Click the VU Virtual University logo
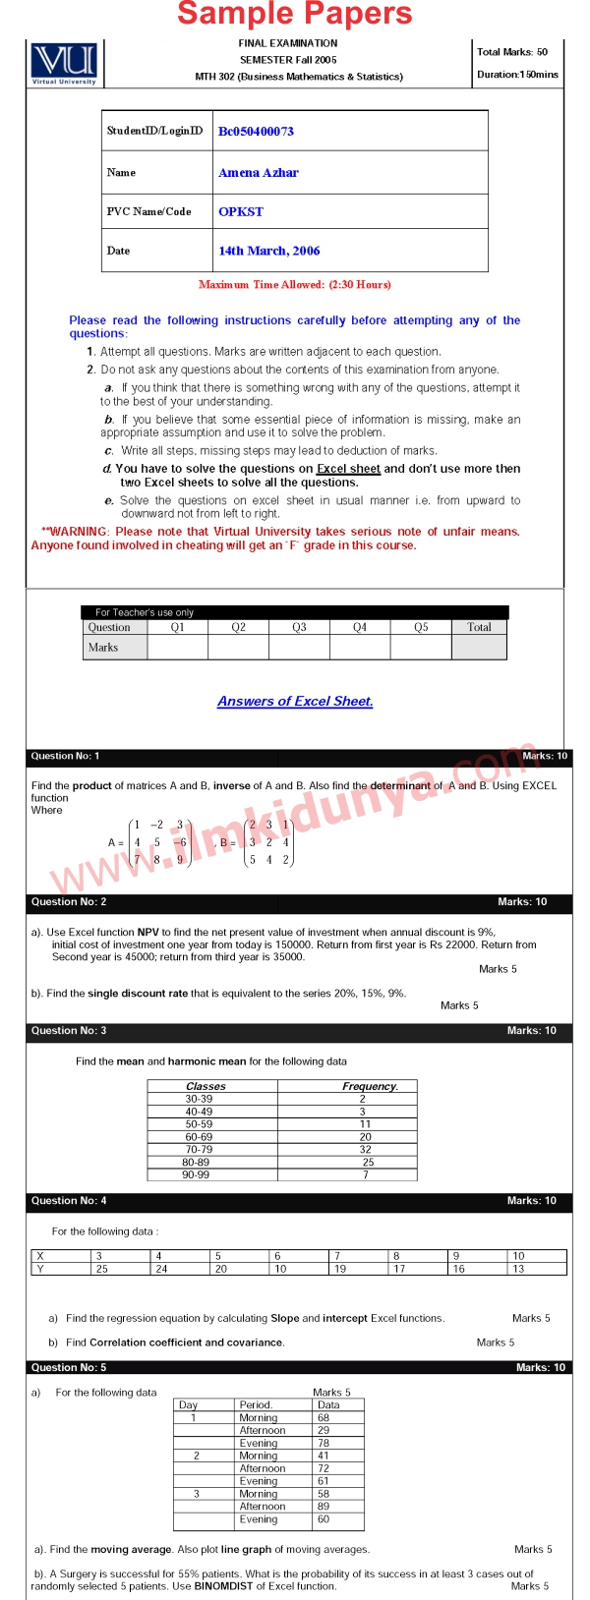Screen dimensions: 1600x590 pos(64,63)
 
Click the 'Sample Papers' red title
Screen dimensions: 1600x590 pos(295,14)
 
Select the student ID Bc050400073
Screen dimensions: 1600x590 pos(256,131)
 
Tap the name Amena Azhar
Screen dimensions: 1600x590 pos(259,172)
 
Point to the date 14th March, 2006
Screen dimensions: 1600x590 pos(268,251)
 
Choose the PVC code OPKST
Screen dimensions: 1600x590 pos(241,211)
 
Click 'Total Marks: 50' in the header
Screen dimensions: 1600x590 pos(512,52)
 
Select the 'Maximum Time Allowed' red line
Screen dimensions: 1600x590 pos(295,285)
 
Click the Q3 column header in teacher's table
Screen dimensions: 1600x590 pos(299,627)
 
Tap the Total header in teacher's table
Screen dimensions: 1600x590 pos(479,627)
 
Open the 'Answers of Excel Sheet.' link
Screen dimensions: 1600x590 pos(295,702)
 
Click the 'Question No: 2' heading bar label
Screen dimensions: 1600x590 pos(69,901)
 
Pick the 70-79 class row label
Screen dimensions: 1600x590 pos(199,1149)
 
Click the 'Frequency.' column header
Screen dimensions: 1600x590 pos(370,1086)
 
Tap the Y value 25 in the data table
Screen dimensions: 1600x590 pos(101,1269)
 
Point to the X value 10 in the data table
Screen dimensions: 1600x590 pos(518,1256)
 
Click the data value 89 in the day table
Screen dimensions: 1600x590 pos(324,1506)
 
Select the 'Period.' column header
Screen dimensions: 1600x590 pos(256,1404)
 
